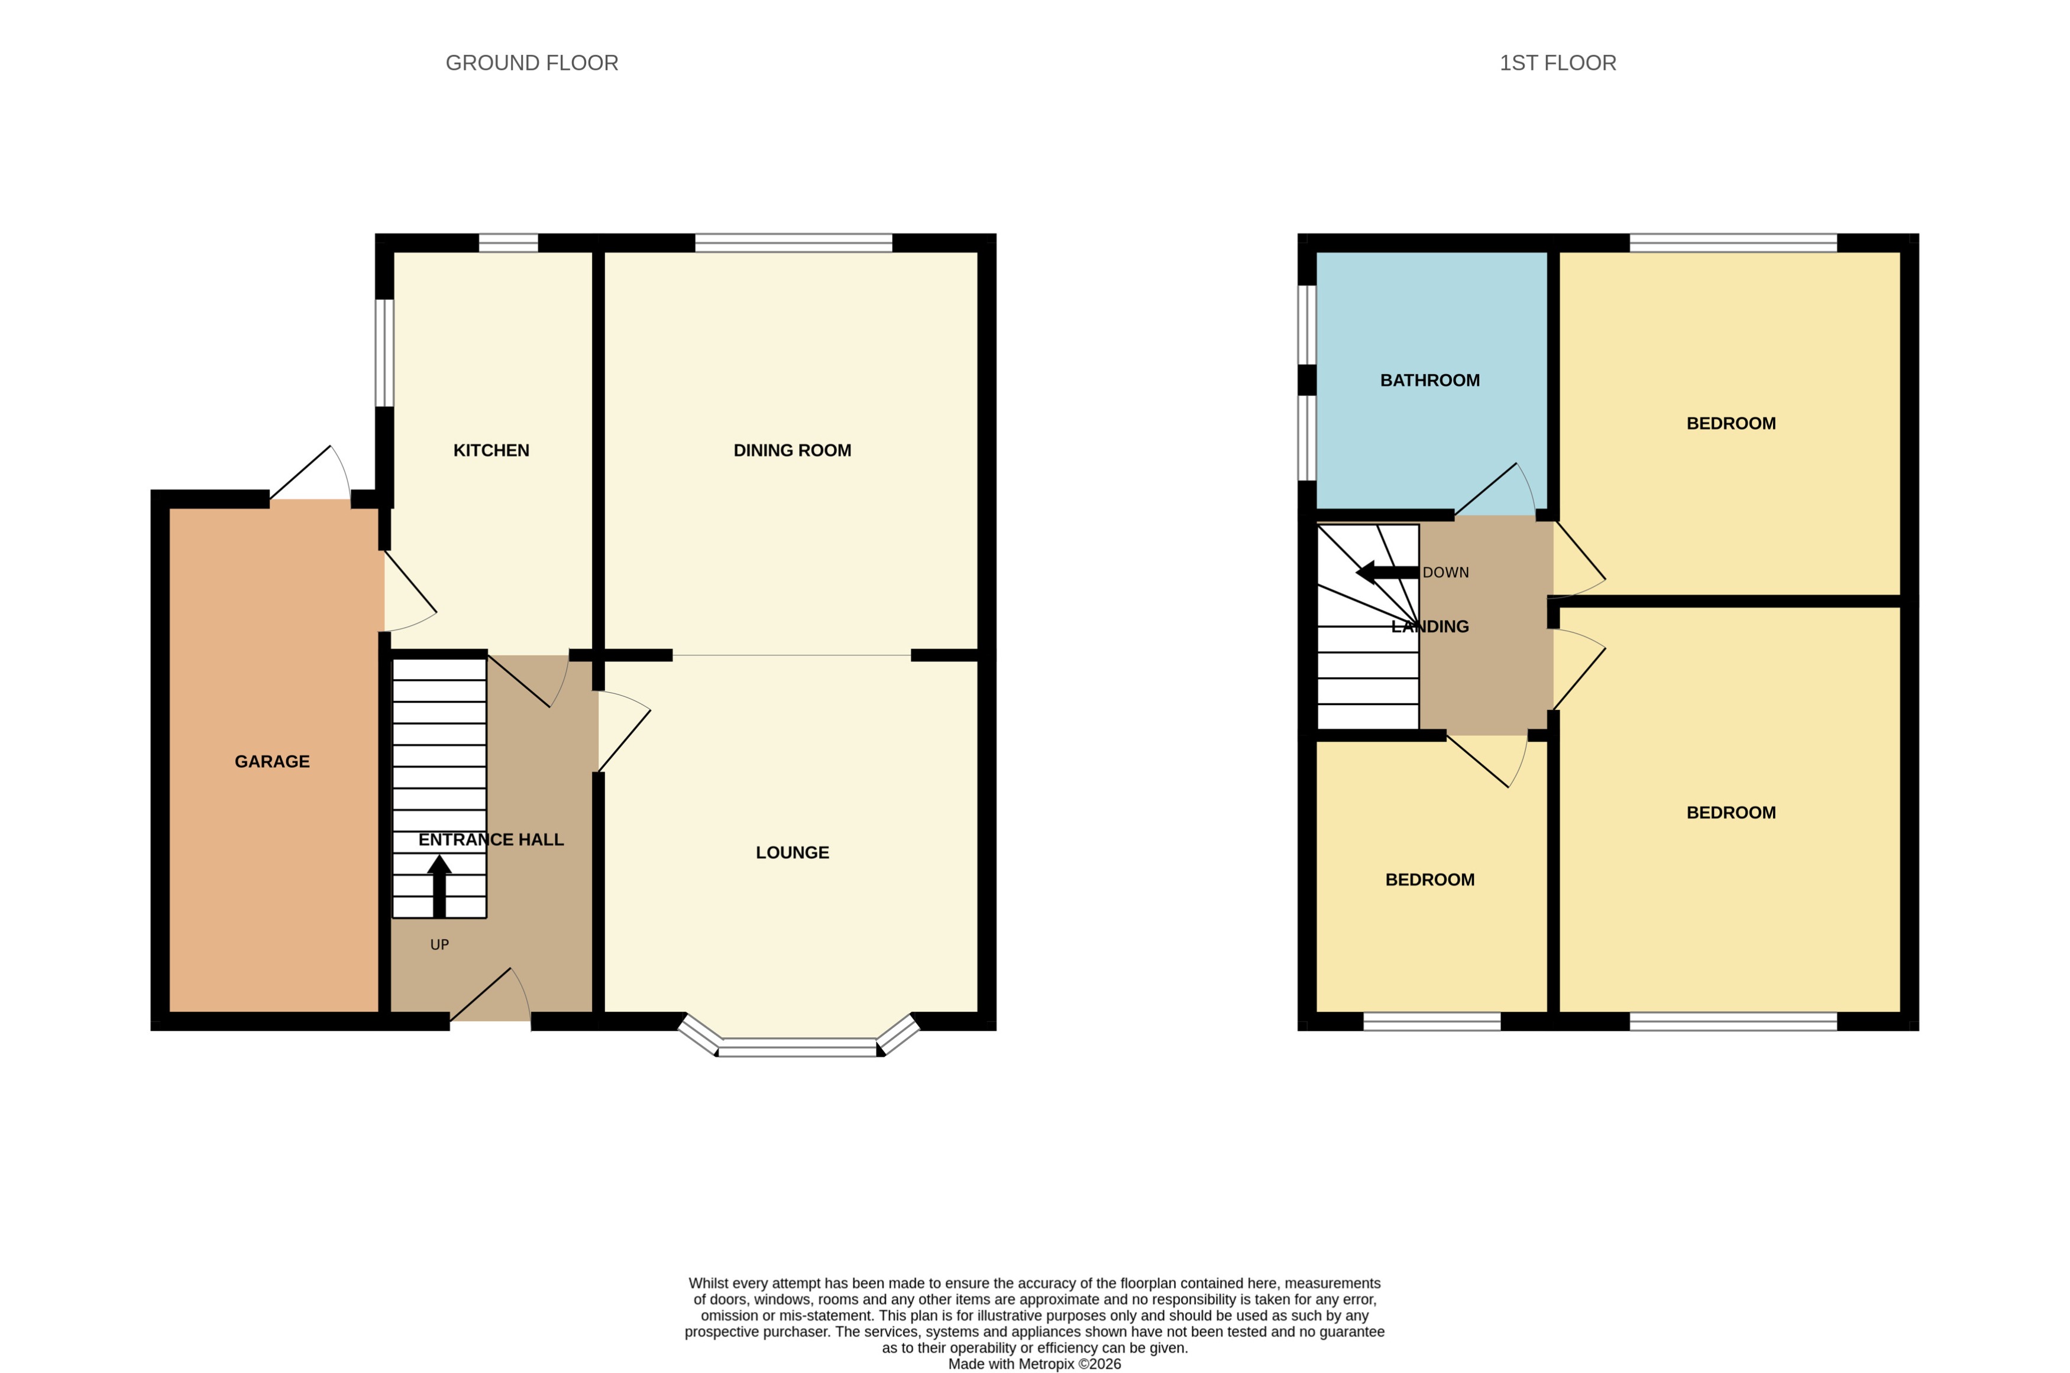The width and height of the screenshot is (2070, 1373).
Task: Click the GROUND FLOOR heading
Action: (x=532, y=63)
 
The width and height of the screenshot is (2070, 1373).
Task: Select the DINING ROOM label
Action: (x=792, y=450)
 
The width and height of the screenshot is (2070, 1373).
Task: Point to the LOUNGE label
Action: (x=792, y=852)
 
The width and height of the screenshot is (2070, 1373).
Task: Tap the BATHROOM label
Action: (x=1429, y=380)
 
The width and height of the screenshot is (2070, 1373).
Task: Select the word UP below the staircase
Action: (x=439, y=944)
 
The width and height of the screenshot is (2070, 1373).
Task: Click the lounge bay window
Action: (x=797, y=1046)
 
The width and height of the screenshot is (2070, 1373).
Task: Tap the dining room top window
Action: (x=793, y=242)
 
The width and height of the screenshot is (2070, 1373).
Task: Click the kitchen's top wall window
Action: (x=508, y=242)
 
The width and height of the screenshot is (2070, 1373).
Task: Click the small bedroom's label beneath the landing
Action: (x=1429, y=879)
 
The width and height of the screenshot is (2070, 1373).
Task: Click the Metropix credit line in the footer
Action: (x=1034, y=1364)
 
